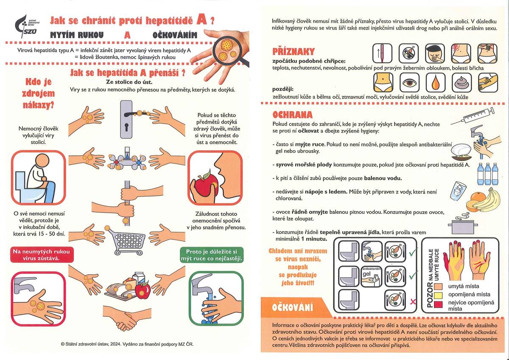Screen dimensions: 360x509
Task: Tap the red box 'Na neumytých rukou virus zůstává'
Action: coord(42,255)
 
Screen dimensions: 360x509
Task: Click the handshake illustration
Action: coord(126,320)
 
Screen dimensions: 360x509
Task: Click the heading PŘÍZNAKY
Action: coord(294,52)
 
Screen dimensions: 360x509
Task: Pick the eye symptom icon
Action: coord(410,82)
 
